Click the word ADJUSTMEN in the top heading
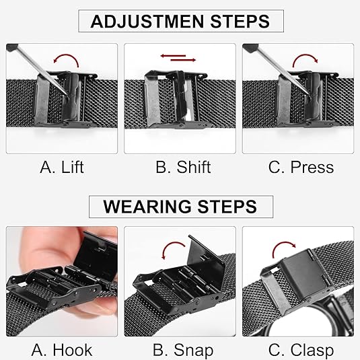pyautogui.click(x=147, y=22)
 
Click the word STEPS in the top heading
pyautogui.click(x=240, y=22)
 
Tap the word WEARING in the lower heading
pyautogui.click(x=147, y=207)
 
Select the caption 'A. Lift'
pyautogui.click(x=61, y=167)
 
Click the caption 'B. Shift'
pyautogui.click(x=183, y=167)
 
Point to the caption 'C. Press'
pyautogui.click(x=301, y=167)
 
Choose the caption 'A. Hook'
pyautogui.click(x=61, y=350)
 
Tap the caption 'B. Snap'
pyautogui.click(x=183, y=351)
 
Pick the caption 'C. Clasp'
pyautogui.click(x=301, y=351)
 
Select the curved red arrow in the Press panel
pyautogui.click(x=305, y=55)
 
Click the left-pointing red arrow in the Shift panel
pyautogui.click(x=173, y=56)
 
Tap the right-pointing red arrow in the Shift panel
pyautogui.click(x=183, y=60)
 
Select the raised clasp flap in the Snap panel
pyautogui.click(x=205, y=257)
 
